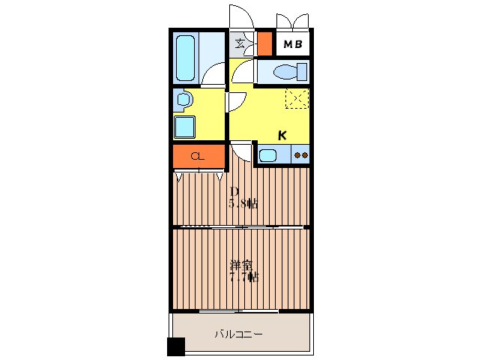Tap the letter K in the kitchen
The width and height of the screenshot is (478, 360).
point(282,136)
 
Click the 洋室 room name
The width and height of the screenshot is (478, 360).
point(241,265)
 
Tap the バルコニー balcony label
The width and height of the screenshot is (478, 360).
point(238,334)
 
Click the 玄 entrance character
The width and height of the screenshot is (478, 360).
point(240,43)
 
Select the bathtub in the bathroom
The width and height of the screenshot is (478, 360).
point(187,58)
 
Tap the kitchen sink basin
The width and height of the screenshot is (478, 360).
point(270,156)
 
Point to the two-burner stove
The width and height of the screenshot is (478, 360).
point(301,156)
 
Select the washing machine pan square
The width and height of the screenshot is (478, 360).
point(185,126)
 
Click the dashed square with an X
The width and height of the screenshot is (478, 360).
point(297,97)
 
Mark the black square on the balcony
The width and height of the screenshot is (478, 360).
point(175,346)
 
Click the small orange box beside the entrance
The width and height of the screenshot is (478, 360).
point(264,44)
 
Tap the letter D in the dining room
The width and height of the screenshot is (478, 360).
point(234,191)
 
